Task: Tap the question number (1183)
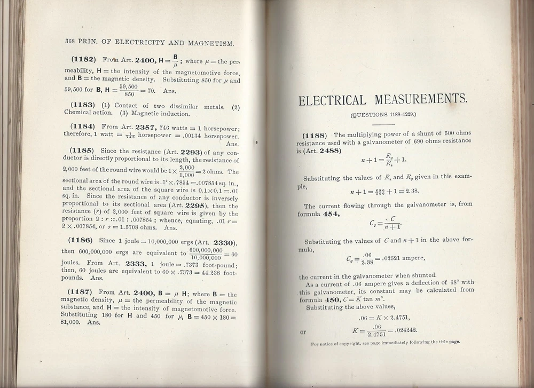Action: (x=83, y=106)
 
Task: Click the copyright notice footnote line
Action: (x=385, y=343)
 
